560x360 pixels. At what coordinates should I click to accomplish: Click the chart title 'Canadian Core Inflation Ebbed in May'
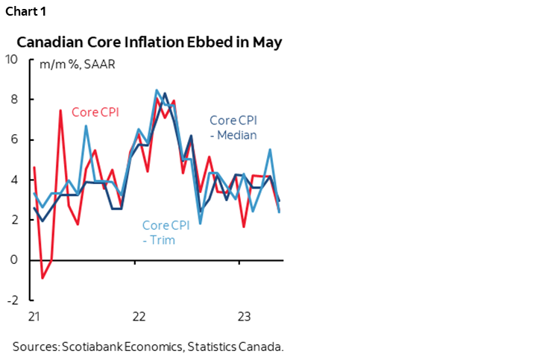tap(149, 42)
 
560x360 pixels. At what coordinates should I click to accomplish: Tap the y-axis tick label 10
tap(12, 60)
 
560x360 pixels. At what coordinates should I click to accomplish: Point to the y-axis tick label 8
tap(15, 100)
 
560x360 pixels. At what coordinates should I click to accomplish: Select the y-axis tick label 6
tap(15, 140)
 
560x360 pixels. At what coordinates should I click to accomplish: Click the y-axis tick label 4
tap(15, 180)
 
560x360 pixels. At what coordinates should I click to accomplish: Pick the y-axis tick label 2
tap(15, 220)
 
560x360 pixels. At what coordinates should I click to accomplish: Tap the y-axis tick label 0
tap(15, 260)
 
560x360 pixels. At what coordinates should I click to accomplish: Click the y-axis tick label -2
tap(13, 300)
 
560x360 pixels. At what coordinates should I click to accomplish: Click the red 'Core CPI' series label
tap(95, 112)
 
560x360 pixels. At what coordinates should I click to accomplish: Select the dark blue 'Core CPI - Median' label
tap(233, 127)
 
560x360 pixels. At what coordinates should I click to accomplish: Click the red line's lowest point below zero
tap(43, 278)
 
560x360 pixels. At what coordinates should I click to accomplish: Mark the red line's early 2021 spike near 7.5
tap(60, 110)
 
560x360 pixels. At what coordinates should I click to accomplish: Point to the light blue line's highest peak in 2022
tap(157, 90)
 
